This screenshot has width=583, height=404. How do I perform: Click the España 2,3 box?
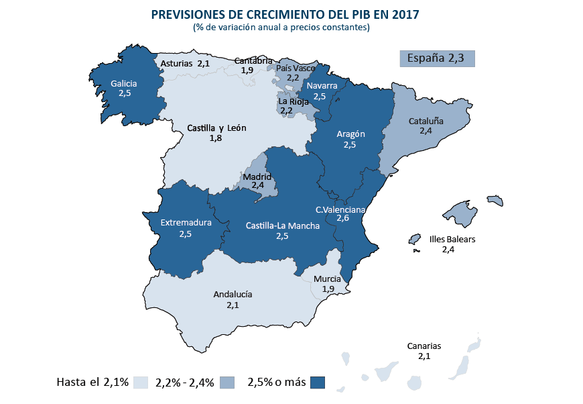pos(436,58)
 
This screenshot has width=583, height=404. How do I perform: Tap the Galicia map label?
pos(124,84)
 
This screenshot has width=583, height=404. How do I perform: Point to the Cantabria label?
pos(253,61)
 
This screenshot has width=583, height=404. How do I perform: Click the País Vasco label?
pos(296,68)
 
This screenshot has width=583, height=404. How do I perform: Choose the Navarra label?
pos(322,86)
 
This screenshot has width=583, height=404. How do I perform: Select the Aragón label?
pos(349,134)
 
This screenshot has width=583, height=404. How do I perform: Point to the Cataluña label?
pos(426,121)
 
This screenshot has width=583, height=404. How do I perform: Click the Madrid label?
pos(257,176)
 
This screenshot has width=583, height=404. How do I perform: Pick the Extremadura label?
pos(186,223)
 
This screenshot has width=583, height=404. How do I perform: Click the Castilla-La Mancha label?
pos(282,225)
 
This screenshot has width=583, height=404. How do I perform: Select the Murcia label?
pos(327,279)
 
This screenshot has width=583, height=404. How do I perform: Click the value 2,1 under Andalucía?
pos(233,305)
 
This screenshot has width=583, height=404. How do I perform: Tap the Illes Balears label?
pos(452,240)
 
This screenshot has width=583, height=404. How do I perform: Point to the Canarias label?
pos(424,346)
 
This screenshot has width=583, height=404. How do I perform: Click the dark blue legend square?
pos(318,383)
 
